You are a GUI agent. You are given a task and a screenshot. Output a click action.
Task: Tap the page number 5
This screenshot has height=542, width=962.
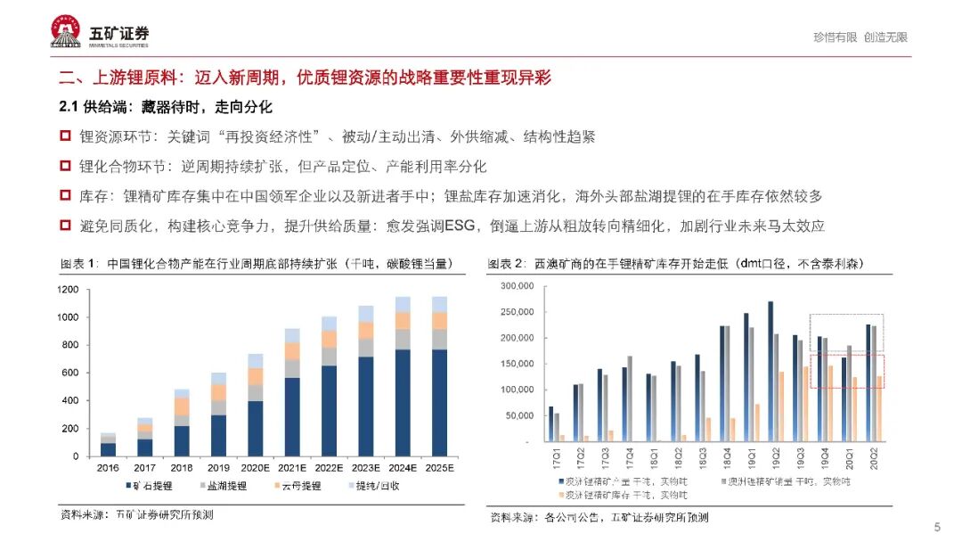(x=936, y=525)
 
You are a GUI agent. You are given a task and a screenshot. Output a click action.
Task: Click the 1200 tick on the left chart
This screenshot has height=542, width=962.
(x=67, y=290)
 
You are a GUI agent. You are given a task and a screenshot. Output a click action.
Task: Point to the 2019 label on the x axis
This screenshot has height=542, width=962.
(x=218, y=466)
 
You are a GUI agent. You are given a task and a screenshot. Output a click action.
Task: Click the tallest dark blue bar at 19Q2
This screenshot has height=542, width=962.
(x=770, y=371)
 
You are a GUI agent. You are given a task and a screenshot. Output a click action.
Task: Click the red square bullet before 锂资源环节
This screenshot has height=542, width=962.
(x=64, y=136)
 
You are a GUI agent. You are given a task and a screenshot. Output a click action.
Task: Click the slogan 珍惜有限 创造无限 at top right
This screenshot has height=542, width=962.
(x=860, y=37)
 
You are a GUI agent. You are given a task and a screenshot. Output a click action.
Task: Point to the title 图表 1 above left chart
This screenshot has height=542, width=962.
(x=80, y=264)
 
